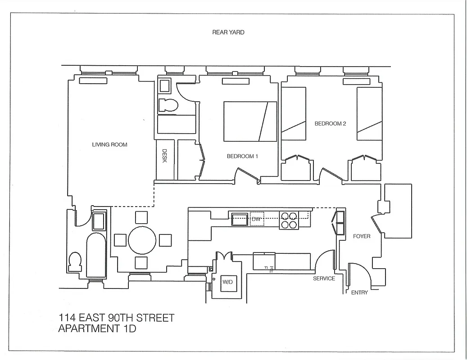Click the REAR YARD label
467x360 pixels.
228,32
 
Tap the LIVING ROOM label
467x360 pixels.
109,145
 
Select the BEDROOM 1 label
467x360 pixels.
242,157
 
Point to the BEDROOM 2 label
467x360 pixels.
330,124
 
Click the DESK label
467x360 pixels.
164,156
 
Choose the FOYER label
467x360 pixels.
362,236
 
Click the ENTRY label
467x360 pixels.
359,292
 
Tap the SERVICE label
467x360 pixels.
324,279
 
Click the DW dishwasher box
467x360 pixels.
257,219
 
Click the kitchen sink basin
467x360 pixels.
239,220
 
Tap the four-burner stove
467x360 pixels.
289,220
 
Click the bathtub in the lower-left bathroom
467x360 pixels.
96,255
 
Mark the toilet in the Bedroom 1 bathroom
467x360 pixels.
168,105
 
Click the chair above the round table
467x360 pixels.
141,218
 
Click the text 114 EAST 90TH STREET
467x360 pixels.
116,318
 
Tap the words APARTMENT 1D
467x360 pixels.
97,329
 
